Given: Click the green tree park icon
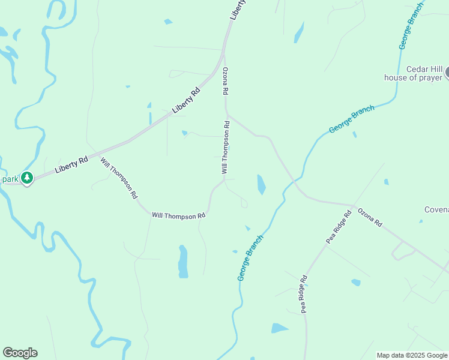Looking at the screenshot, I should tap(26, 178).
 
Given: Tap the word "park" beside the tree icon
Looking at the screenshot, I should tap(10, 179).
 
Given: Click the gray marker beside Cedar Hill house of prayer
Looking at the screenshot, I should tap(447, 73).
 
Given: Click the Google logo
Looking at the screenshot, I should tap(20, 353).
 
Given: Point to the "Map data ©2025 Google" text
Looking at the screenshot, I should tap(411, 355).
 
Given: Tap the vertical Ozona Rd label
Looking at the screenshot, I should tap(226, 82).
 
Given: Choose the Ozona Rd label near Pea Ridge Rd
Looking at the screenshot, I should tap(370, 217).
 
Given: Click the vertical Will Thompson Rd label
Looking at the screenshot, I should tap(226, 148).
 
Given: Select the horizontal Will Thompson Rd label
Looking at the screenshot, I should tap(179, 215).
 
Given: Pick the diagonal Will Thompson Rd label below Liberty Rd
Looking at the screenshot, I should tap(119, 178).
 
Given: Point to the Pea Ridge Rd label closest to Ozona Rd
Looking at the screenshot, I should tap(339, 227).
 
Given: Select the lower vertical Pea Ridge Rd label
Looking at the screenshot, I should tap(304, 294).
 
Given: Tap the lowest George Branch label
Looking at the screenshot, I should tap(251, 257).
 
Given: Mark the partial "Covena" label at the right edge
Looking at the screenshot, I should tap(436, 209).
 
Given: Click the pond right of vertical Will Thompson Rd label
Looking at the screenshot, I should tap(261, 184).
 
